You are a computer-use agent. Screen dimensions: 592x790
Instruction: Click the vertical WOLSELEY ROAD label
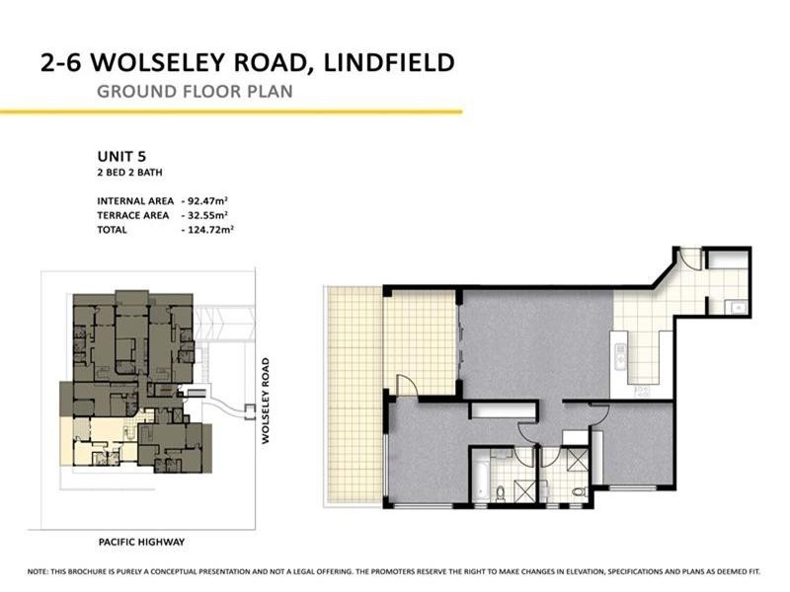coord(266,400)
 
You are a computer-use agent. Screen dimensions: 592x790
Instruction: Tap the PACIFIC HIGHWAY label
coord(141,542)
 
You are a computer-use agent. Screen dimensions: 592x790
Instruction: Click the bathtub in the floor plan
coord(478,478)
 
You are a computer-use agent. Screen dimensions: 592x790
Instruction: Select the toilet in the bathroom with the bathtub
coord(501,491)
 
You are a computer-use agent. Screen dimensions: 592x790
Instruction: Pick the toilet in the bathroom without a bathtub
coord(579,490)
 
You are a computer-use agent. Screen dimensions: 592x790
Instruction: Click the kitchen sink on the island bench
coord(619,351)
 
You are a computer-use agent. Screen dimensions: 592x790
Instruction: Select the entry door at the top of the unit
coord(690,259)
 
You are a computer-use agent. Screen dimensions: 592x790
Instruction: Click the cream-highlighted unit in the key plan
coord(94,439)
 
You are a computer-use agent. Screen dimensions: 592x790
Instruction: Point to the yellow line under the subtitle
coord(231,111)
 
